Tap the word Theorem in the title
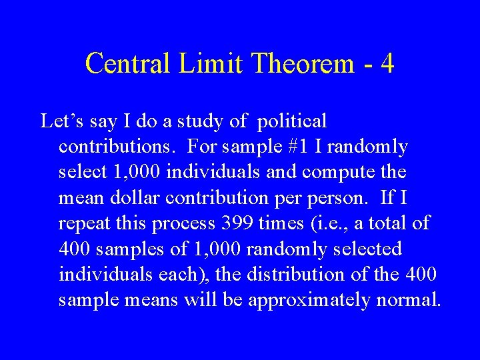pyautogui.click(x=293, y=63)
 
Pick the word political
pyautogui.click(x=291, y=122)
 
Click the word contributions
pyautogui.click(x=117, y=147)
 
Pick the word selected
pyautogui.click(x=369, y=249)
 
